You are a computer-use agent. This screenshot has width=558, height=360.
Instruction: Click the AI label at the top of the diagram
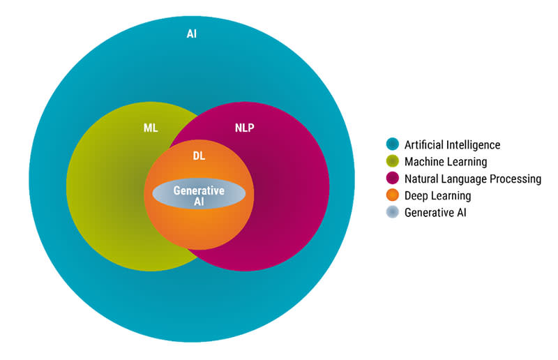tap(191, 33)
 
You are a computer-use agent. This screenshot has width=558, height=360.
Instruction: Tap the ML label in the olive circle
tap(151, 128)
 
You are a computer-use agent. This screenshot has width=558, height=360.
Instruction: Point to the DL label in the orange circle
tap(199, 156)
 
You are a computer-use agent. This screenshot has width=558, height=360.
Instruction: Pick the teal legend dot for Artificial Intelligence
tap(393, 145)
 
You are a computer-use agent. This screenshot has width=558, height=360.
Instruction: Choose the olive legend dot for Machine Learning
tap(393, 162)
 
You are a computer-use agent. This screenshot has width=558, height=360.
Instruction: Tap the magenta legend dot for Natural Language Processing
tap(393, 179)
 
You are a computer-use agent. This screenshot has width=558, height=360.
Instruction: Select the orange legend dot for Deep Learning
tap(393, 195)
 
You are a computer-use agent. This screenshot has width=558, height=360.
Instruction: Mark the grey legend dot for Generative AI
tap(393, 212)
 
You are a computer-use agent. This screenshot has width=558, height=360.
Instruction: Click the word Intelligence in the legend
tap(473, 145)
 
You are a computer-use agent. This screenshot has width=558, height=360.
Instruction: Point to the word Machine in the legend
tap(424, 162)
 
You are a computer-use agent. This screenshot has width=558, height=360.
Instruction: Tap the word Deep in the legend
tap(416, 196)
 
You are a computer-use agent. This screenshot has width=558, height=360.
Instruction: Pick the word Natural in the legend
tap(423, 179)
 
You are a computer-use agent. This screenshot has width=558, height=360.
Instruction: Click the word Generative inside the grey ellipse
tap(199, 190)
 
